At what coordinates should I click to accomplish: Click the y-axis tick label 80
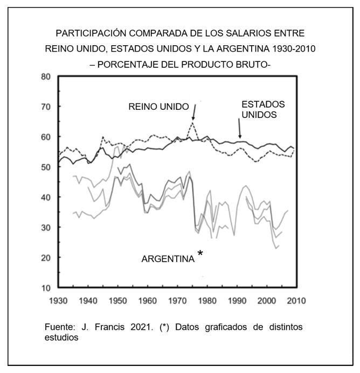46,76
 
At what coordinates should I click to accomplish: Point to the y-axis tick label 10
46,288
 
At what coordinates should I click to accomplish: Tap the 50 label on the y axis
46,167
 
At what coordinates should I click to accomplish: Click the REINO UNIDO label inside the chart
159,107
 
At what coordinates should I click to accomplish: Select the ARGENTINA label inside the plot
168,259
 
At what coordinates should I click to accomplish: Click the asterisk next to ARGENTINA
200,253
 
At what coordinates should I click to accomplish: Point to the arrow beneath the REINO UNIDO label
193,112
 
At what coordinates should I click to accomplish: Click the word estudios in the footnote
62,338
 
